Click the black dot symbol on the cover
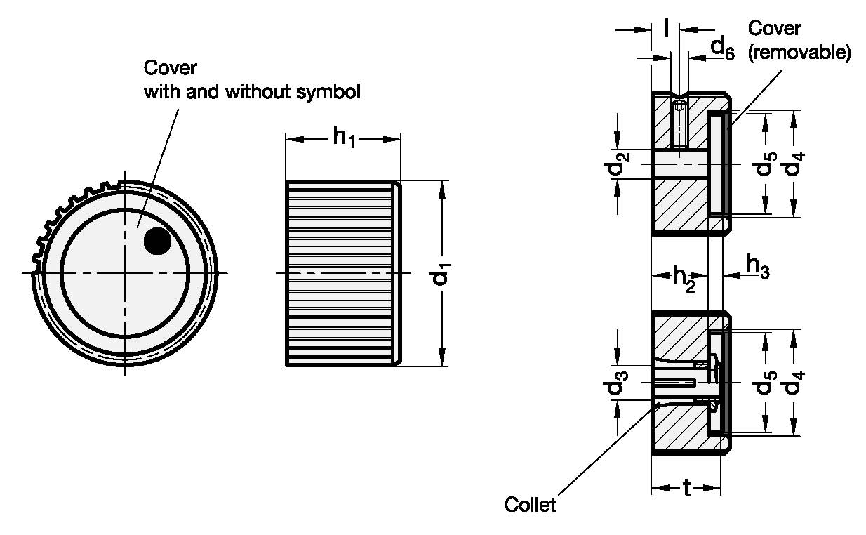tap(157, 241)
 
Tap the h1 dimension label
tap(344, 138)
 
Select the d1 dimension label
tap(441, 273)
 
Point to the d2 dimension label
tap(616, 164)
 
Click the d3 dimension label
tap(616, 383)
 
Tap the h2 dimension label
tap(684, 279)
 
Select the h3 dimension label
tap(758, 266)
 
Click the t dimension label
tap(686, 488)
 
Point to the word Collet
tap(530, 504)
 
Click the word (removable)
tap(799, 52)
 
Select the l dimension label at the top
tap(666, 27)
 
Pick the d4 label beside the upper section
tap(794, 164)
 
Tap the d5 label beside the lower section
tap(765, 383)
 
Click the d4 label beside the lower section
tap(794, 383)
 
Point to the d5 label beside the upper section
tap(765, 164)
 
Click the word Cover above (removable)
tap(774, 28)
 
